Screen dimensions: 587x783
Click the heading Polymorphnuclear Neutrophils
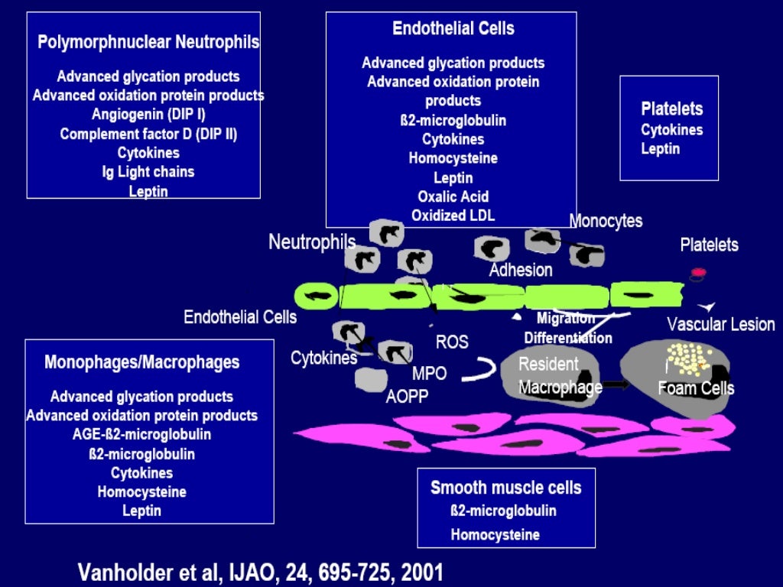pos(148,43)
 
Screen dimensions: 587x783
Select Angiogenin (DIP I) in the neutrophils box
pos(148,115)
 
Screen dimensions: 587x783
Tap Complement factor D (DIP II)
pos(148,134)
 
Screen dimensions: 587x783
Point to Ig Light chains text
pos(148,172)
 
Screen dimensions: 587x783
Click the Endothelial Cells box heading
pos(453,29)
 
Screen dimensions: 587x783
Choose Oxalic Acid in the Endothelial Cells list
pos(453,196)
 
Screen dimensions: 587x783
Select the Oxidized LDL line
pos(453,216)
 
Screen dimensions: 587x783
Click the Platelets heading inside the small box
pos(671,109)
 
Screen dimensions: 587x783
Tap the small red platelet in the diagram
pos(698,272)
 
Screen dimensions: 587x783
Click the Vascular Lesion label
pos(720,324)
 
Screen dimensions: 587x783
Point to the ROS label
pos(452,342)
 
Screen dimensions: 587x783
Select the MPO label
pos(429,374)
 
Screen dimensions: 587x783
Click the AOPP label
pos(407,397)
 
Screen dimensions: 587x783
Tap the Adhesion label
pos(520,270)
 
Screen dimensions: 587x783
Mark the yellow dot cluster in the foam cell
pos(685,356)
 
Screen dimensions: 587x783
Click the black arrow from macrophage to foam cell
pos(616,384)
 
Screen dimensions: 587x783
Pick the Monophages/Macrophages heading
pos(141,362)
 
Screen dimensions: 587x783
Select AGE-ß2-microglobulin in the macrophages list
pos(141,435)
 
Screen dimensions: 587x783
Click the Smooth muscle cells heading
pos(505,488)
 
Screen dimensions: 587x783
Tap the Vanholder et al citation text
pos(260,572)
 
